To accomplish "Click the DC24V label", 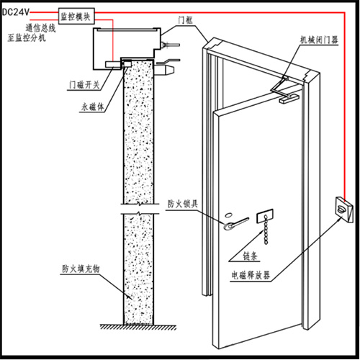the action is point(15,12).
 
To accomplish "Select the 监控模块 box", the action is point(76,16).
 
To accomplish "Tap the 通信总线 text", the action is point(40,28).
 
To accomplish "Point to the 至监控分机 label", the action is point(27,37).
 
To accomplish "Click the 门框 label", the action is point(185,20).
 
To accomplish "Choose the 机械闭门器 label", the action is point(319,40).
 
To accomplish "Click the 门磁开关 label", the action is point(84,85).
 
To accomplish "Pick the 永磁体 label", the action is point(93,107).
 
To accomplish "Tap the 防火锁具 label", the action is point(183,204).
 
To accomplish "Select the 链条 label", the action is point(250,256).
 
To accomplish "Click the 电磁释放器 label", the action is point(251,275).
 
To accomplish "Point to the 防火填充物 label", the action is point(81,269).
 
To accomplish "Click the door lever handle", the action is point(235,223).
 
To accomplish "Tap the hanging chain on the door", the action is point(266,230).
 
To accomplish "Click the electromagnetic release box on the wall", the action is point(344,210).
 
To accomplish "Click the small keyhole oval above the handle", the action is point(230,214).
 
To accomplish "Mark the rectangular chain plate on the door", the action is point(265,215).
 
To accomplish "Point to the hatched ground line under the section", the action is point(138,327).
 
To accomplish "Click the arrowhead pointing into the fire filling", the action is point(130,297).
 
